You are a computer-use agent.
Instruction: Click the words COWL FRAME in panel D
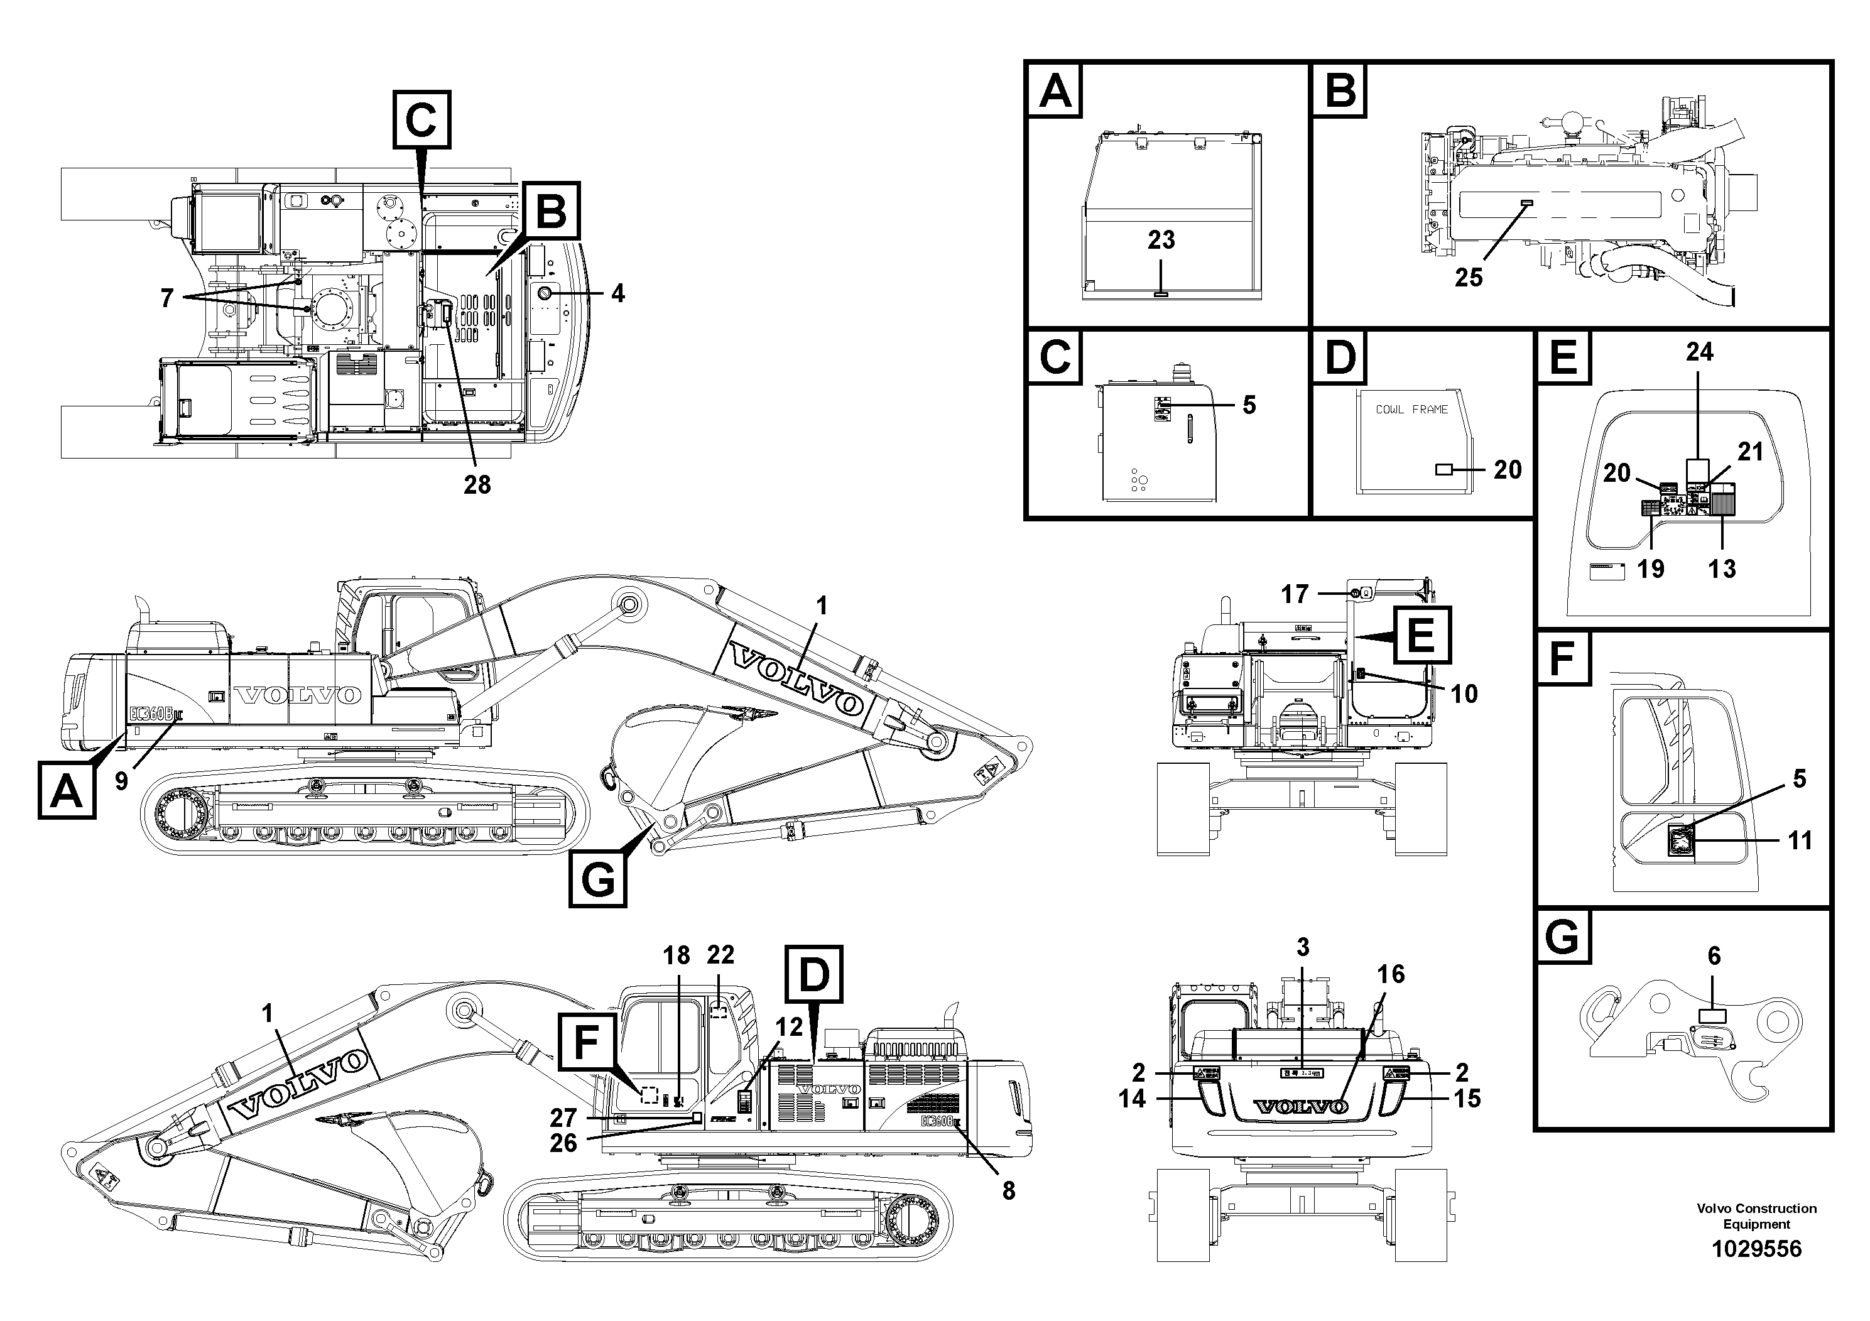tap(1411, 410)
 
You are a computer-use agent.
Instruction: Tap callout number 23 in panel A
tap(1161, 240)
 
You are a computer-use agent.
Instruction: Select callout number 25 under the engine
tap(1469, 278)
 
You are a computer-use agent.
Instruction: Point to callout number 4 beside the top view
tap(618, 293)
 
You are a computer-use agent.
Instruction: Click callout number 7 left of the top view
tap(167, 298)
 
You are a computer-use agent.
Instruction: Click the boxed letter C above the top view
tap(422, 121)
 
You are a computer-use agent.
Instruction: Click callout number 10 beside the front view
tap(1464, 694)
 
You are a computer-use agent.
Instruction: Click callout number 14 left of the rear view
tap(1132, 1099)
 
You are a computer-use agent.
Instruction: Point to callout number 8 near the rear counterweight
tap(1008, 1191)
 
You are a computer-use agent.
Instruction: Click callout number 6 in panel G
tap(1714, 956)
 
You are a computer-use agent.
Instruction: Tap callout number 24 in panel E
tap(1699, 352)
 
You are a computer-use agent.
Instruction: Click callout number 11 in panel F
tap(1800, 840)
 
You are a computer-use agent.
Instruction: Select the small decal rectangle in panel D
tap(1443, 470)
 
